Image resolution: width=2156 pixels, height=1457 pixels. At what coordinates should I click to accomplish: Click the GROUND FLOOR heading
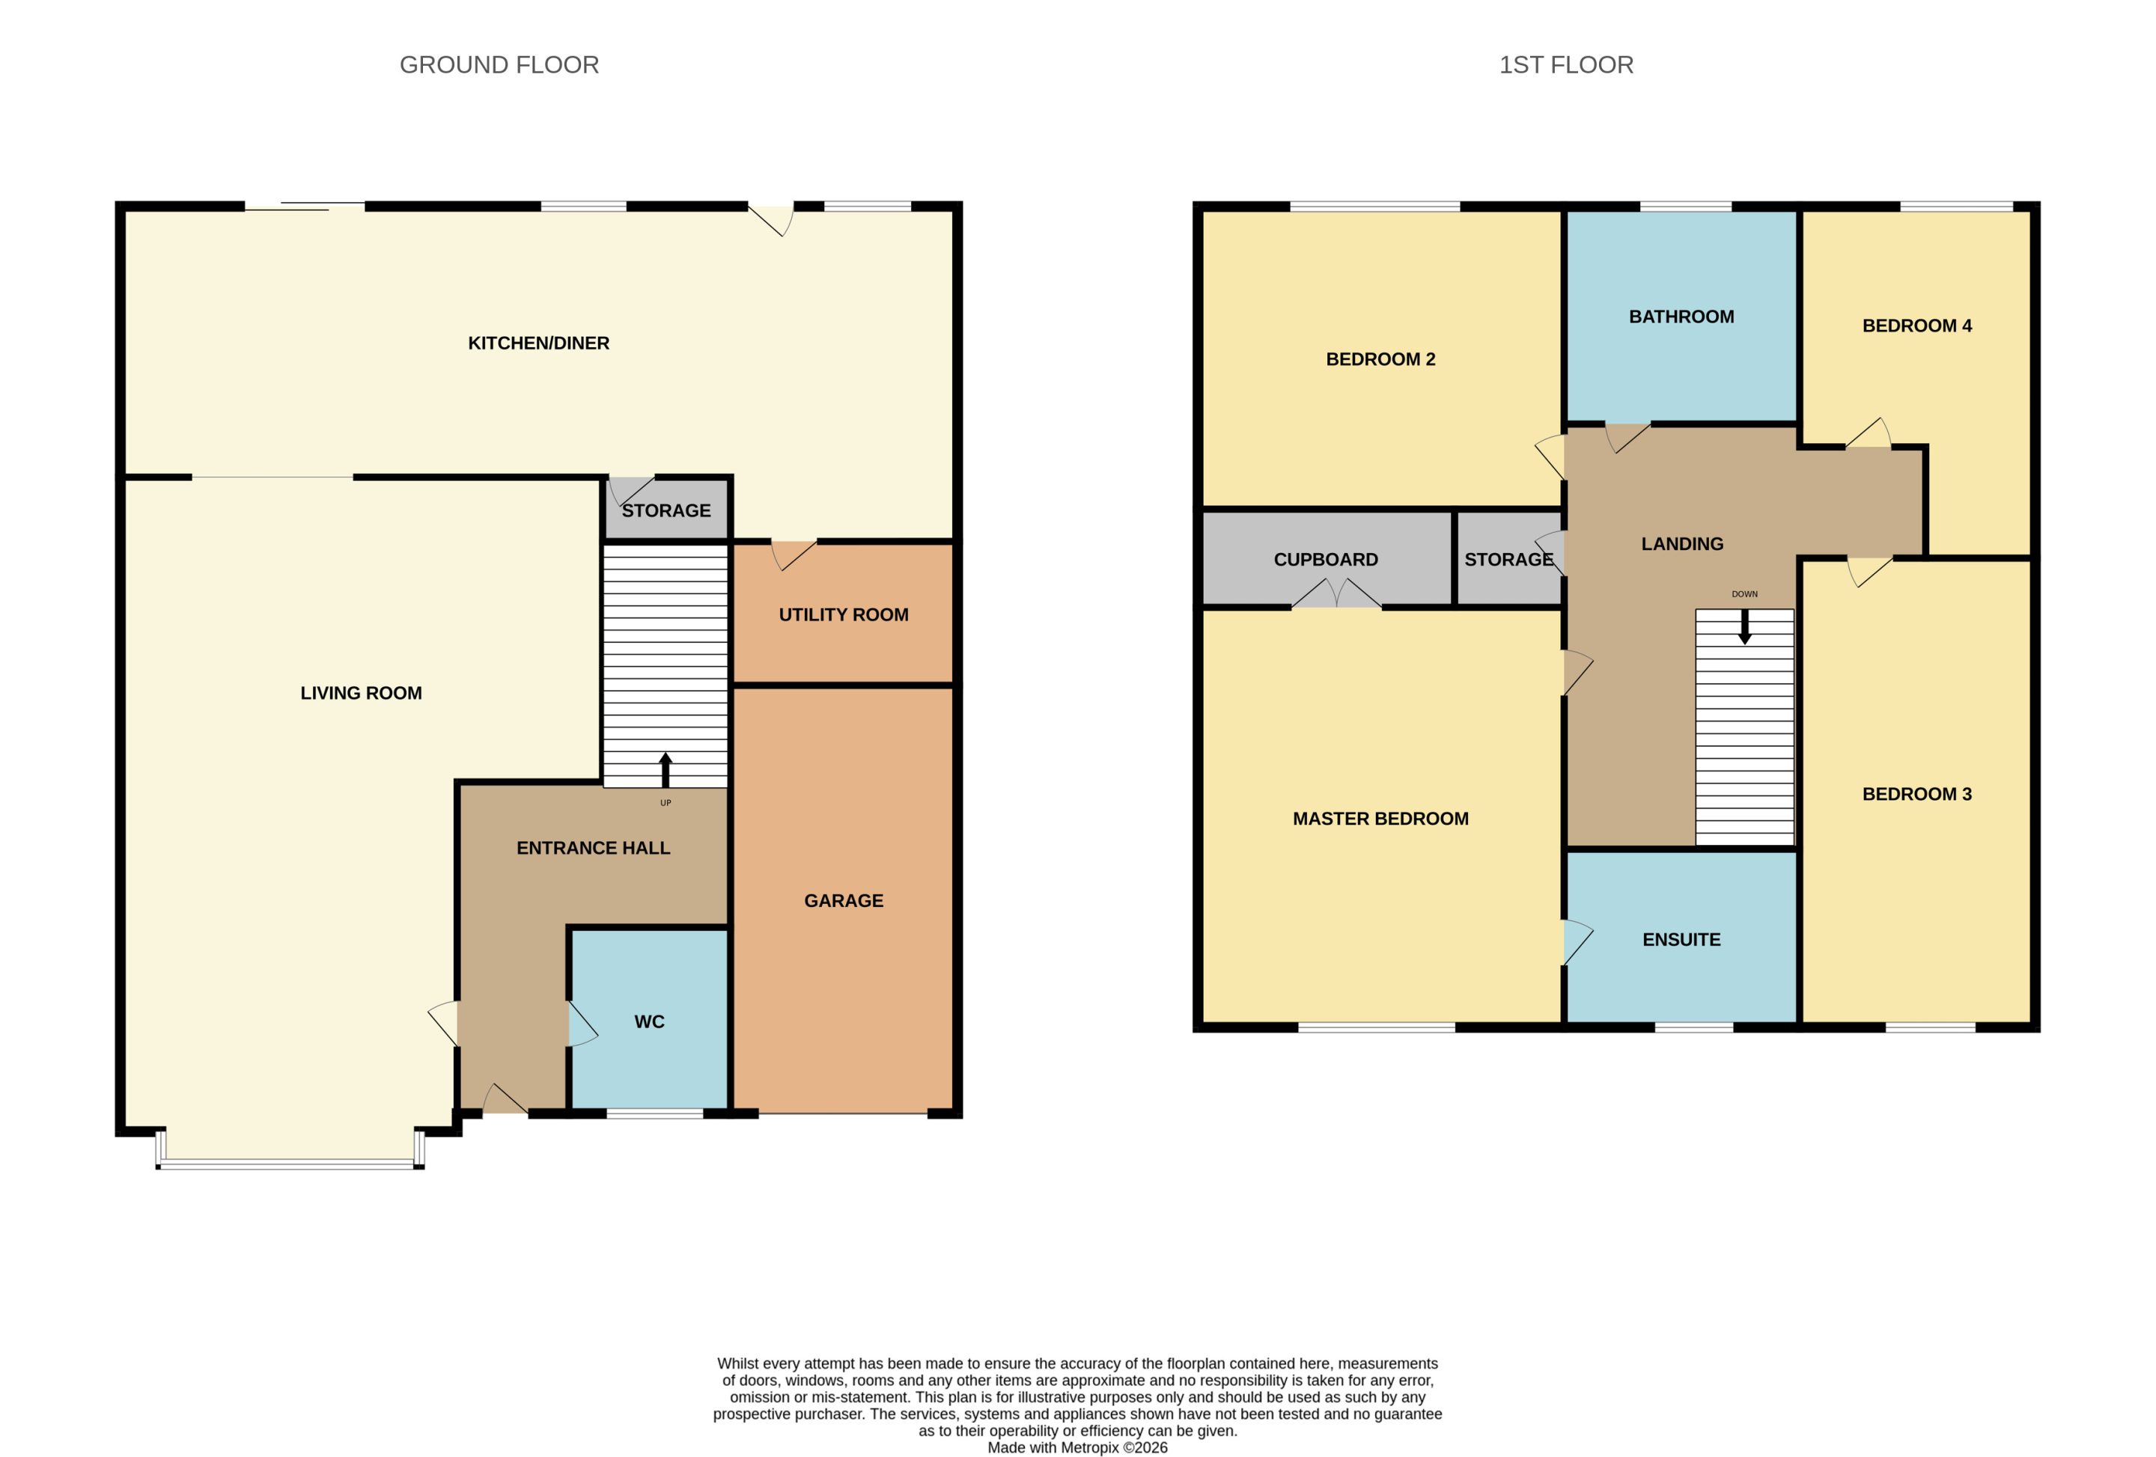499,65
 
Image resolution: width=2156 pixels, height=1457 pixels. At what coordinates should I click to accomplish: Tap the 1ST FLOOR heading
1566,65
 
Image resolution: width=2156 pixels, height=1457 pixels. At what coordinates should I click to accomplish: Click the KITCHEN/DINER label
538,343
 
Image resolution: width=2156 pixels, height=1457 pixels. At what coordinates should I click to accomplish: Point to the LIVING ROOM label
361,693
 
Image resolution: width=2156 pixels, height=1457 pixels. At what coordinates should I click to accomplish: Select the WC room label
649,1022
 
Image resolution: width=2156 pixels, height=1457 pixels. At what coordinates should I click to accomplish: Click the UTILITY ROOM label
843,615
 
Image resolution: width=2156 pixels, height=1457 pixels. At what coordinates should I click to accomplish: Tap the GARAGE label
843,900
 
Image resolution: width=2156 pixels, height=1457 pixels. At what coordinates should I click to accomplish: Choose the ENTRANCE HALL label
593,848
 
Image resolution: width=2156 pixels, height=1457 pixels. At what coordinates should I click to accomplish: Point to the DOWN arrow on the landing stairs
1744,626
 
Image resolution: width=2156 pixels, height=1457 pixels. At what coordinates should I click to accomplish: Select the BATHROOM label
1681,317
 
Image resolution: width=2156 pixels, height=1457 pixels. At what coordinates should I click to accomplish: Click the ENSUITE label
1681,939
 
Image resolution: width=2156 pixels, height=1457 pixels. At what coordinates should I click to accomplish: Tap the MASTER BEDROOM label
1380,819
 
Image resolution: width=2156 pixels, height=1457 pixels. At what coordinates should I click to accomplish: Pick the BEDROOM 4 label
1916,326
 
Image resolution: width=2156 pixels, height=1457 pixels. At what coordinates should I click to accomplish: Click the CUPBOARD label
1326,559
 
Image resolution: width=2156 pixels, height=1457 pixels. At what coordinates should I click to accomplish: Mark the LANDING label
1682,544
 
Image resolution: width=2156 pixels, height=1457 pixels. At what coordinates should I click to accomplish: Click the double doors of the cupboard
1337,593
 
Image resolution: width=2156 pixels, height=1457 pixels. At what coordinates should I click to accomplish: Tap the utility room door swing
794,555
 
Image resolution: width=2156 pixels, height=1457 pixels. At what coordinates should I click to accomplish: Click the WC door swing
582,1024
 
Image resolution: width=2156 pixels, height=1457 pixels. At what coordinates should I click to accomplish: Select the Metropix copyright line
1077,1447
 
